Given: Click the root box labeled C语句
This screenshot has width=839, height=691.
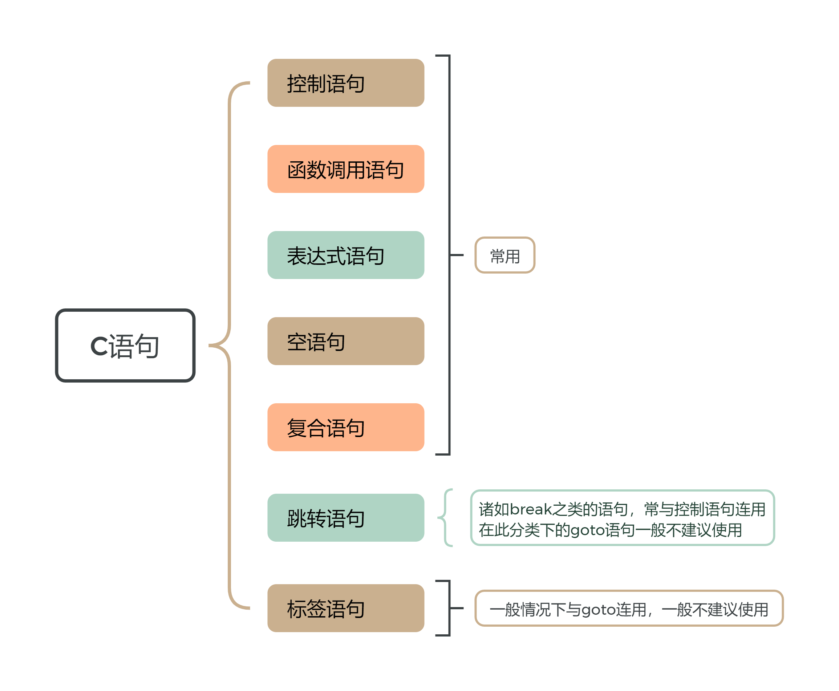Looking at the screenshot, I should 125,345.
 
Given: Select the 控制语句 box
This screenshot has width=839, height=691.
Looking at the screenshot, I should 345,83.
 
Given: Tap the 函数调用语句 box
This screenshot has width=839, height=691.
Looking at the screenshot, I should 345,169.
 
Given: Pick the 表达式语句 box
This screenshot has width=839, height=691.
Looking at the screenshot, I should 345,255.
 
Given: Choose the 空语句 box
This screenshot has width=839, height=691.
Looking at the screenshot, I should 345,341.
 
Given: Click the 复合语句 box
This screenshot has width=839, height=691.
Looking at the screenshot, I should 345,427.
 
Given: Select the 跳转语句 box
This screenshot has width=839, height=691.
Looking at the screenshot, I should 345,517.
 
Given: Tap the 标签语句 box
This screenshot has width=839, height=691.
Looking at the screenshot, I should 345,608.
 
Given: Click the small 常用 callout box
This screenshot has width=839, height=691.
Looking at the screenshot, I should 505,255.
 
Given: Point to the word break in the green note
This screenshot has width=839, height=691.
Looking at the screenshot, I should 531,509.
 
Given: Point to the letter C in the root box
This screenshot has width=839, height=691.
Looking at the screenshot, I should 99,345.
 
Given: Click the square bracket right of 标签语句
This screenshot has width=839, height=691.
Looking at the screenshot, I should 449,608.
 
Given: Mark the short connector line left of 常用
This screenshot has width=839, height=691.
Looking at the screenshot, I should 457,255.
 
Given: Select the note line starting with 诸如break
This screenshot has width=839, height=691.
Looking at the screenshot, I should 622,509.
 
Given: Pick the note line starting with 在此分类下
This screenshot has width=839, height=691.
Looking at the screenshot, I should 610,530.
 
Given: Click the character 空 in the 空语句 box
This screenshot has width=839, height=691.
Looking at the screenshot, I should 296,342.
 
